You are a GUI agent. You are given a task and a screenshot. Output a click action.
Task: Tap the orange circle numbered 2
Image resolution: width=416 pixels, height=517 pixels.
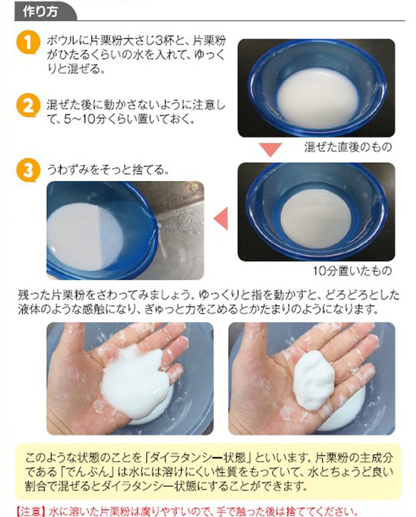26,105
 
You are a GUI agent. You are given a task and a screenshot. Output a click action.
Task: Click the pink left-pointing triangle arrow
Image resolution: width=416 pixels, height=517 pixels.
220,217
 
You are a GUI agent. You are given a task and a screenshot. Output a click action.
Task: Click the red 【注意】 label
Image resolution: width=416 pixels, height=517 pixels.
28,511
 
